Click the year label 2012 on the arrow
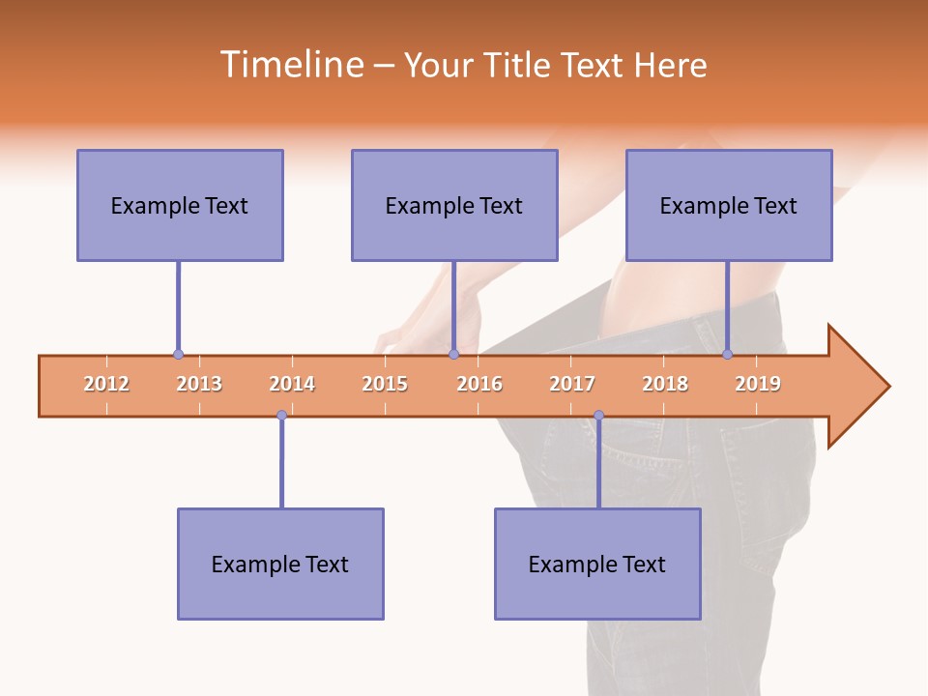tap(106, 385)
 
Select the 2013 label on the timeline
tap(199, 385)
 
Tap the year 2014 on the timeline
tap(292, 385)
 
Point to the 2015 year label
tap(385, 385)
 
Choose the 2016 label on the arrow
tap(479, 385)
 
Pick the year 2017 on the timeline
tap(572, 385)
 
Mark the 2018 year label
tap(665, 385)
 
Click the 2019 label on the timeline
tap(758, 385)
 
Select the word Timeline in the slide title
tap(291, 65)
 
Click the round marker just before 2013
tap(178, 355)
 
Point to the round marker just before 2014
tap(281, 416)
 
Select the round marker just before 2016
tap(453, 355)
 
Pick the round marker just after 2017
tap(598, 416)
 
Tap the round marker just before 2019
tap(728, 355)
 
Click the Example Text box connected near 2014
tap(280, 564)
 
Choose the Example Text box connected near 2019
tap(729, 205)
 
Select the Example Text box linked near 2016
tap(454, 205)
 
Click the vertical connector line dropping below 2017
tap(598, 464)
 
